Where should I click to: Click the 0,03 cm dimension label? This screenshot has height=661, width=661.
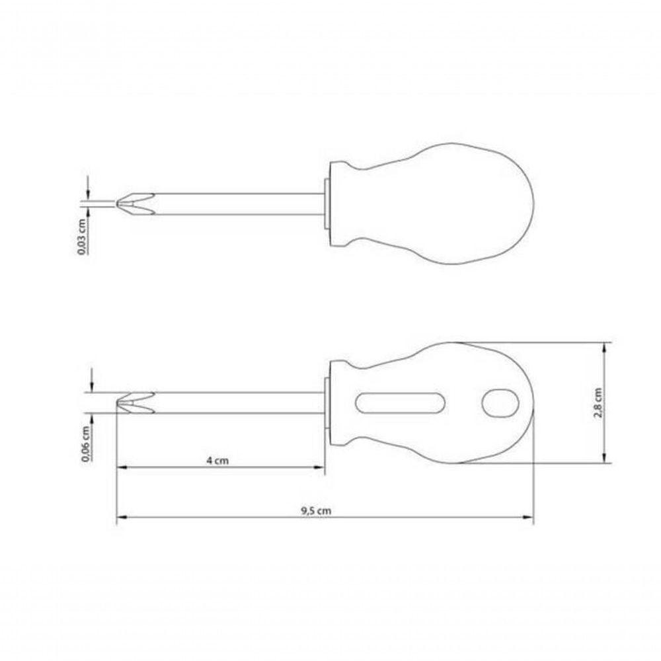coord(83,237)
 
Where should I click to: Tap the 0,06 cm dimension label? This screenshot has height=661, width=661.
coord(87,444)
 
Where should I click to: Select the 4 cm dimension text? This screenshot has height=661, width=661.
coord(217,460)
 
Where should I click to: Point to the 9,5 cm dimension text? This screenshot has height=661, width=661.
coord(316,511)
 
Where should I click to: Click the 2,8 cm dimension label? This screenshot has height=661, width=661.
coord(598,403)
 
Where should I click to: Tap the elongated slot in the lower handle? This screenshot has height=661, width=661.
coord(400,403)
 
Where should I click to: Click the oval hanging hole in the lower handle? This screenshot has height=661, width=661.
coord(500,403)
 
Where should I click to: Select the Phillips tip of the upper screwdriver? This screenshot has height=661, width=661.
coord(135,204)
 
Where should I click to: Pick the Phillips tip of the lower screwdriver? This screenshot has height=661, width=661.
coord(135,403)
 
